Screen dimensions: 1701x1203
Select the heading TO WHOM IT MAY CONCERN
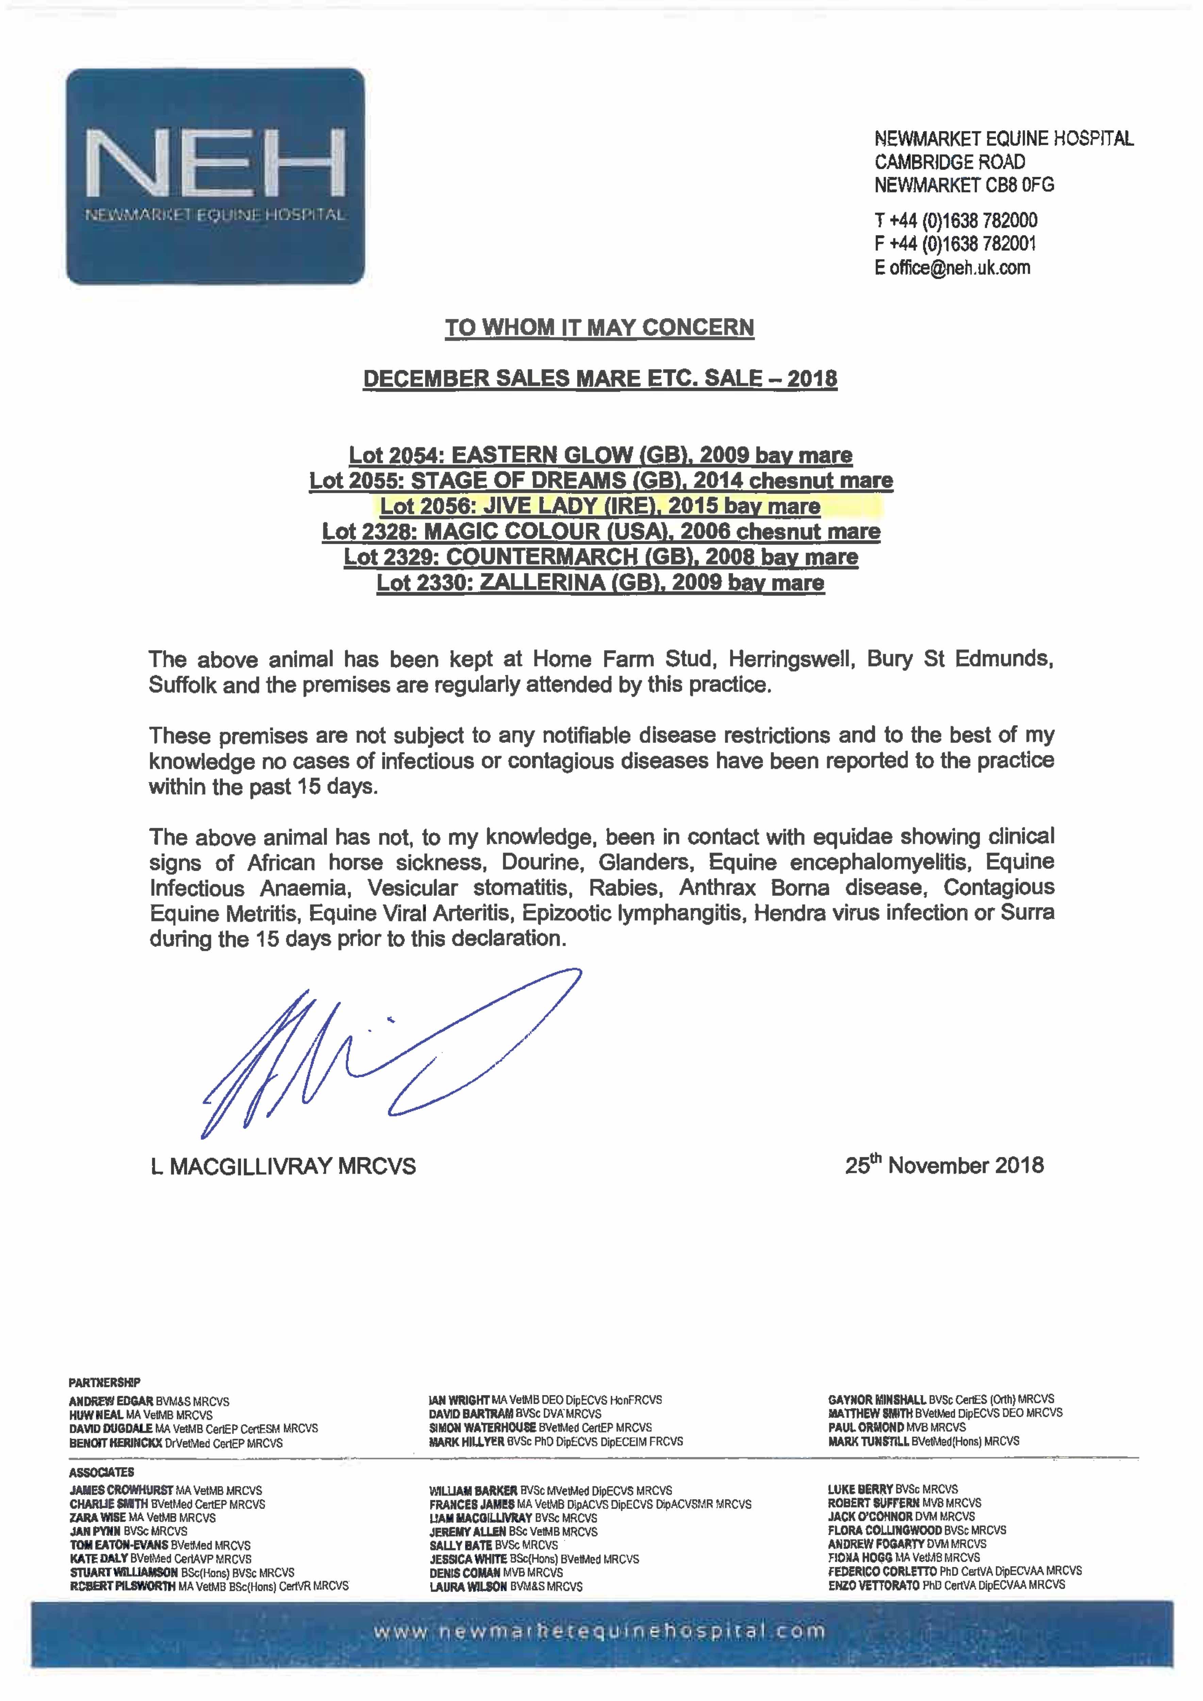(599, 328)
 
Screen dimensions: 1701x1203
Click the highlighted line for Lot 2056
(600, 506)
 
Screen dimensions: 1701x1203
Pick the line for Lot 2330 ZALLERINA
(600, 582)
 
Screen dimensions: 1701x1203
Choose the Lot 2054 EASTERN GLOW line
(600, 455)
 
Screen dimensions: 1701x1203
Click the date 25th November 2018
(944, 1166)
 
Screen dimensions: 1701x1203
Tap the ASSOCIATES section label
(101, 1472)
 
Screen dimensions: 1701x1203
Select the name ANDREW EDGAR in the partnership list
(111, 1401)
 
